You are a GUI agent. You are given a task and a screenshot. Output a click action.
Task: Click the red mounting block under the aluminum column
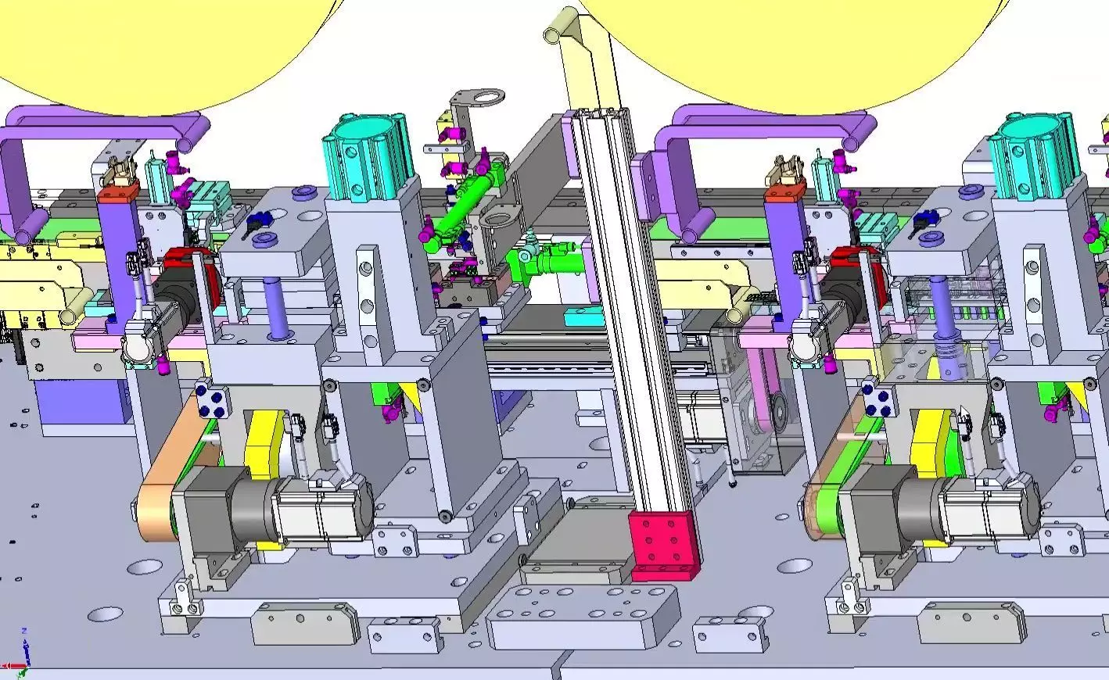662,546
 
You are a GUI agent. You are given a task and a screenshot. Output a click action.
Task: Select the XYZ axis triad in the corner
23,652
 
